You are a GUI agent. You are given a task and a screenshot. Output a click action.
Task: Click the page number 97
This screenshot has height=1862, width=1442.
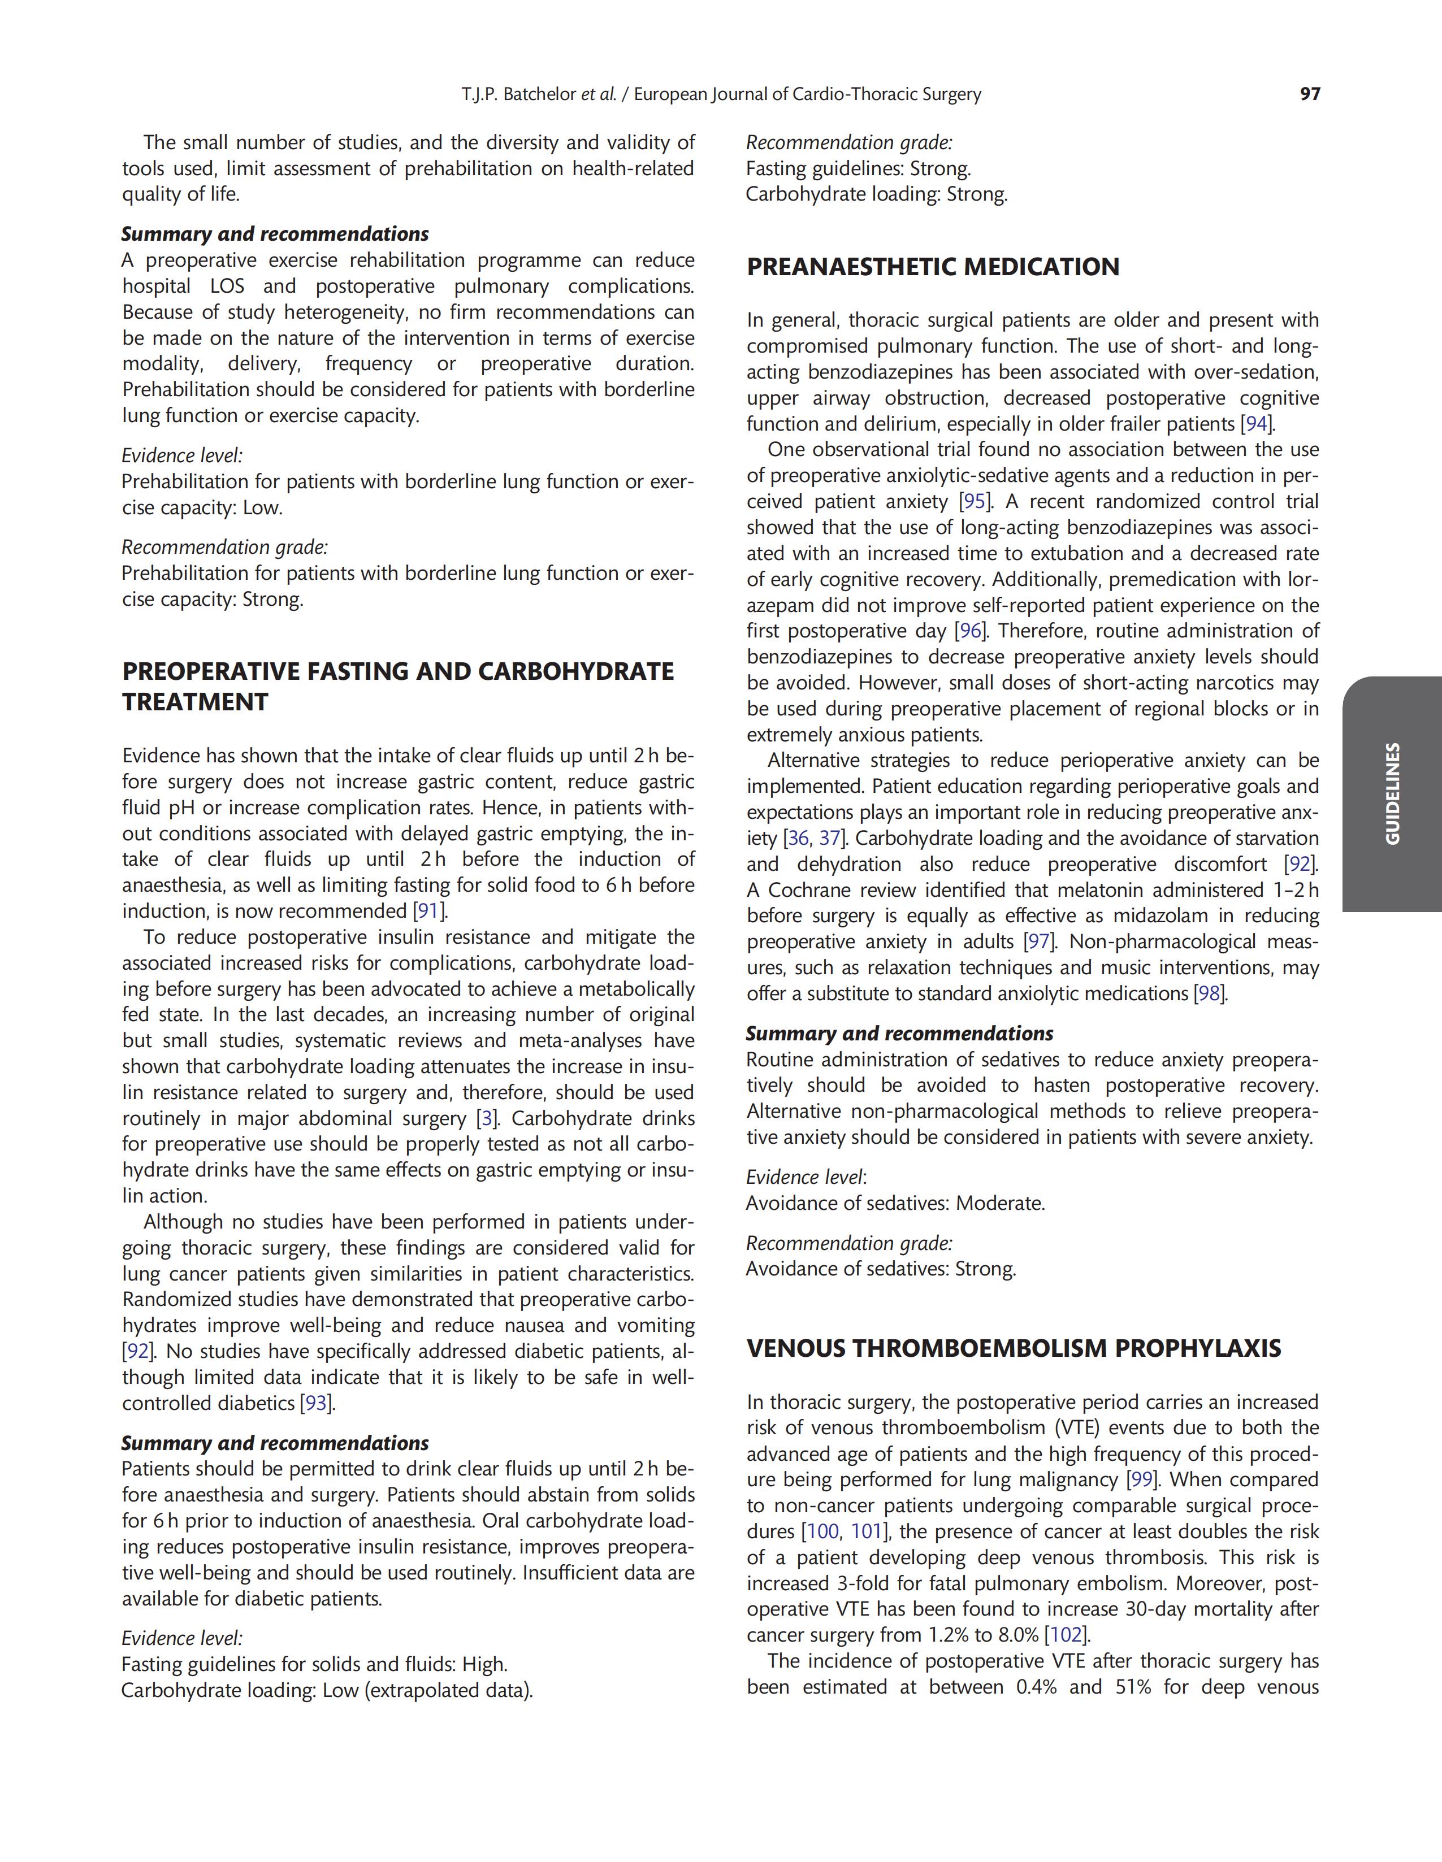pyautogui.click(x=1310, y=94)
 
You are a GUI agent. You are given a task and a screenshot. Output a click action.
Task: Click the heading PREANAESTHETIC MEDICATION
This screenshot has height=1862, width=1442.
pyautogui.click(x=933, y=267)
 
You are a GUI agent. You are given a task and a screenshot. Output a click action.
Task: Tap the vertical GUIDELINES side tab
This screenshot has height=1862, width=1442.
pyautogui.click(x=1392, y=794)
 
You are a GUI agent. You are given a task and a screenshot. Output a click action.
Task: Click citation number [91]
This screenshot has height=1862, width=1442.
pyautogui.click(x=429, y=912)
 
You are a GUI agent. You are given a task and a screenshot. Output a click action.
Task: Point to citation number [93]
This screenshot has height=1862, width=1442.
pyautogui.click(x=317, y=1403)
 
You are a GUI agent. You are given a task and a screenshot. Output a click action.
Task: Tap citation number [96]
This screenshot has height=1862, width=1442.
pyautogui.click(x=971, y=631)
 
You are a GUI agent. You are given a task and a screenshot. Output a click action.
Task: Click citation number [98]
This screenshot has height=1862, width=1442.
pyautogui.click(x=1209, y=993)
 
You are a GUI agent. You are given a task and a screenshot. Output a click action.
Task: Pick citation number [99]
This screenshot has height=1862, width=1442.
pyautogui.click(x=1141, y=1479)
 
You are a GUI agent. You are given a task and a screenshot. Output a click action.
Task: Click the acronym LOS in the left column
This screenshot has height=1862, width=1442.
pyautogui.click(x=227, y=287)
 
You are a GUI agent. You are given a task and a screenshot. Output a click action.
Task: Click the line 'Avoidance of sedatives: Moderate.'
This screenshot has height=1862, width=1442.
pyautogui.click(x=895, y=1203)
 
